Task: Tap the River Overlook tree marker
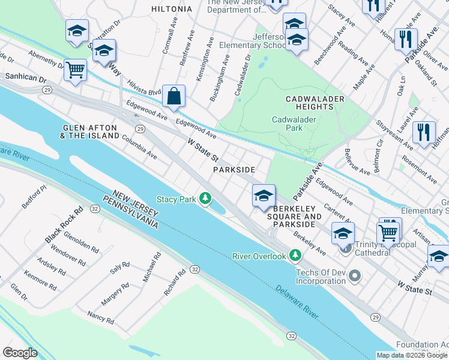click(x=295, y=256)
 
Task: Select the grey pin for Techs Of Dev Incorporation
click(x=355, y=276)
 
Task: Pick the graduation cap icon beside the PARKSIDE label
click(x=263, y=196)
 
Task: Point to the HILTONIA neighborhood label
click(x=172, y=9)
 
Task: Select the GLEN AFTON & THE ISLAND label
click(x=90, y=132)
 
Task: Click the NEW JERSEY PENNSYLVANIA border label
click(x=134, y=211)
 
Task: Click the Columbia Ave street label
click(x=139, y=147)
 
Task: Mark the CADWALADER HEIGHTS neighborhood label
click(x=315, y=103)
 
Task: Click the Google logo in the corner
click(x=20, y=353)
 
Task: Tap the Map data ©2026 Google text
click(x=412, y=355)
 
